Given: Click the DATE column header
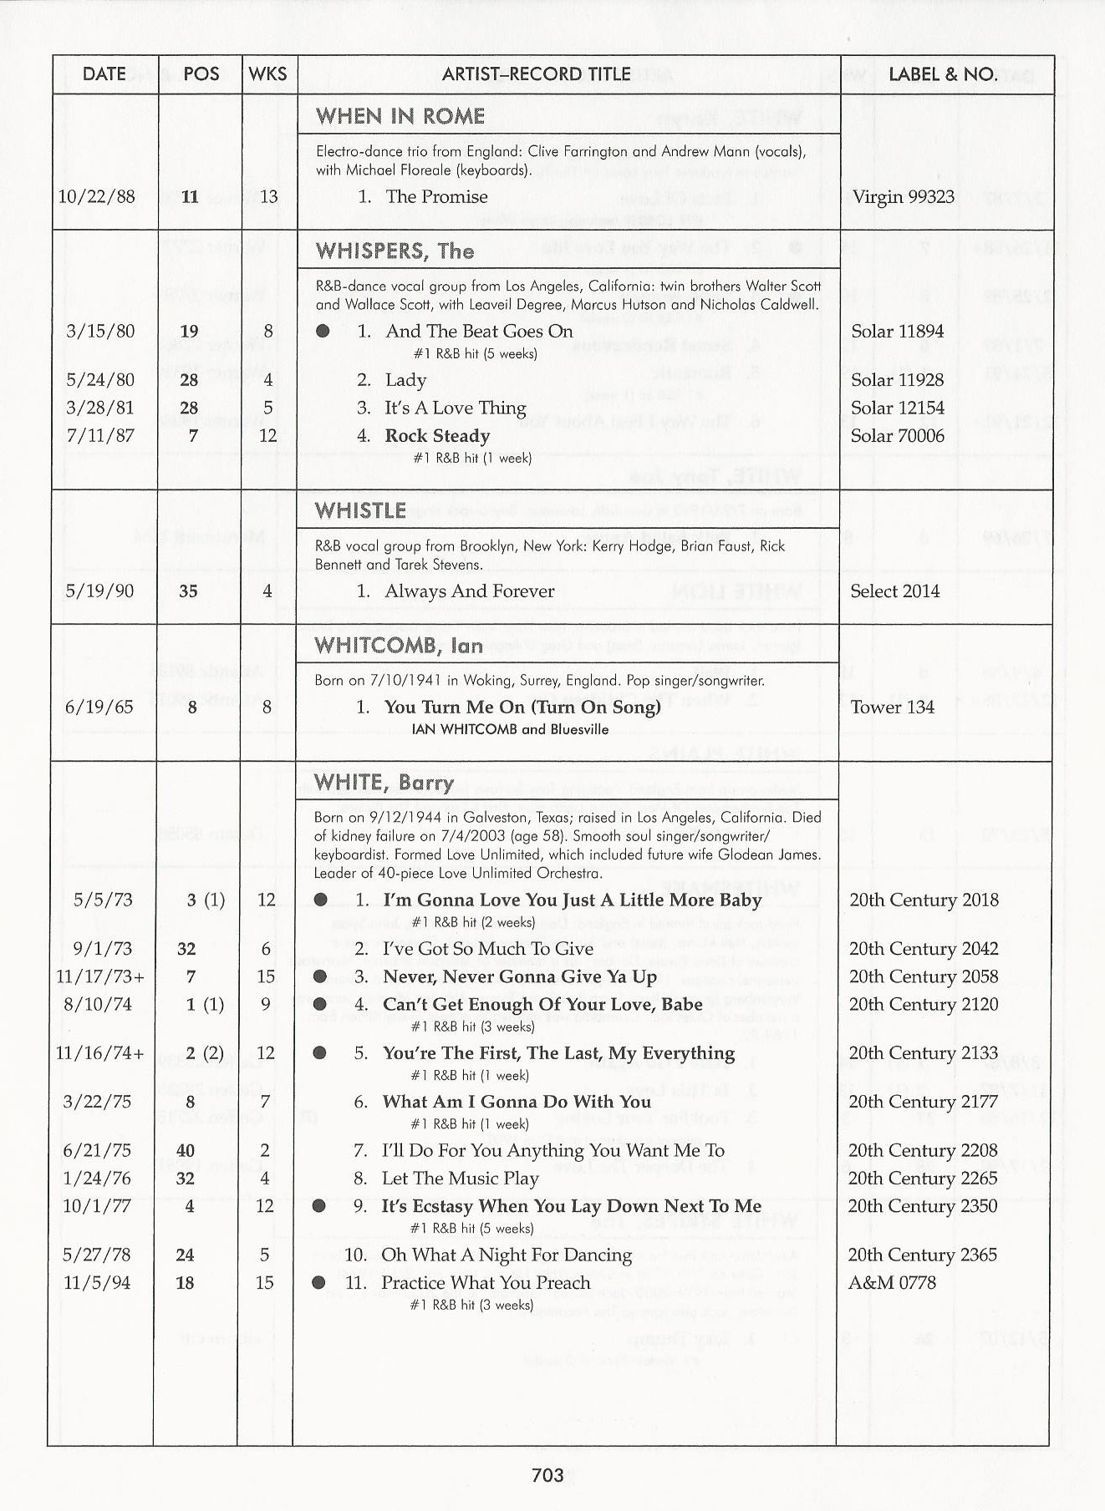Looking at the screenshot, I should (104, 74).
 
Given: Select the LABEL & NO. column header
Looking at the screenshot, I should (942, 74).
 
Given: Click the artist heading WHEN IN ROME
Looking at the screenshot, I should (400, 116).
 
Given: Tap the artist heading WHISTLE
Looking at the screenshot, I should (360, 510).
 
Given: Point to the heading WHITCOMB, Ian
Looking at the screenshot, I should (399, 646).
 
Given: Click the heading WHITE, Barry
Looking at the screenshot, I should (384, 783).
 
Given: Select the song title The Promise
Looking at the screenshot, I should (436, 197).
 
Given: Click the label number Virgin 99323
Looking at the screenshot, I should (903, 197).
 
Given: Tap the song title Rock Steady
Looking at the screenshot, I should (437, 436).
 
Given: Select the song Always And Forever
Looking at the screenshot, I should (469, 591).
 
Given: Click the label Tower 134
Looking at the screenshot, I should (892, 707).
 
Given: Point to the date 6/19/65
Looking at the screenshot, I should (99, 707).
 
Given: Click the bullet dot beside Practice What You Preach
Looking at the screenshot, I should (318, 1282).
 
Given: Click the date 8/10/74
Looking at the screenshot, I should (98, 1005).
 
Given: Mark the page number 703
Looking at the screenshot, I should (547, 1476).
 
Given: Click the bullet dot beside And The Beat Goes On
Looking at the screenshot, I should (323, 332).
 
